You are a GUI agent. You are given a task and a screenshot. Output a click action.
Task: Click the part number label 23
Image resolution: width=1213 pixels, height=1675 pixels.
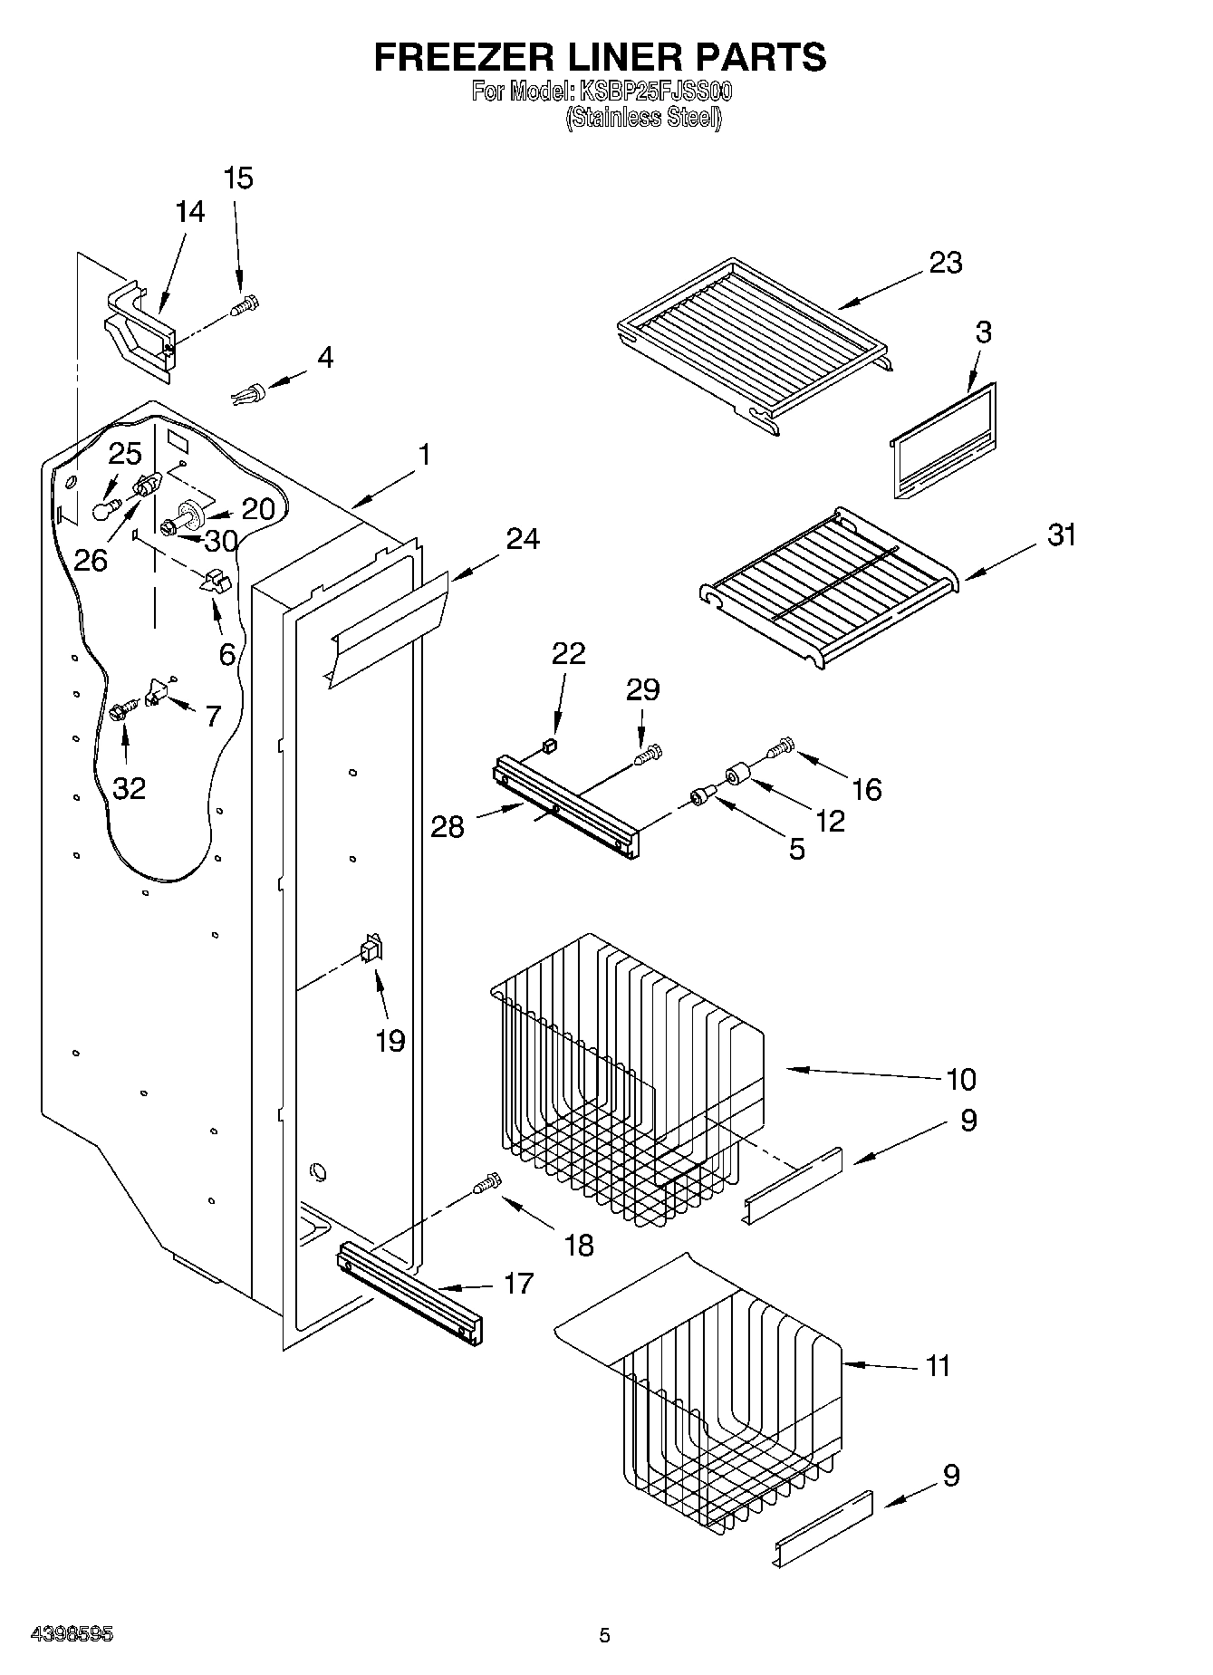tap(945, 263)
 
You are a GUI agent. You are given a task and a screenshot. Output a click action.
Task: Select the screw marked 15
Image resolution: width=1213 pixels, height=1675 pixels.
tap(245, 306)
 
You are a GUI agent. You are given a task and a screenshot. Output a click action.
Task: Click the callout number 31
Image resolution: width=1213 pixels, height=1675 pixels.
tap(1062, 534)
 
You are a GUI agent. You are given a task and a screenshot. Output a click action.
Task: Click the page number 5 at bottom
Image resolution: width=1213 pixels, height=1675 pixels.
tap(605, 1635)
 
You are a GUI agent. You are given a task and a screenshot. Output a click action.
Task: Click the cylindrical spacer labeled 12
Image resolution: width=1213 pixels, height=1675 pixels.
tap(736, 776)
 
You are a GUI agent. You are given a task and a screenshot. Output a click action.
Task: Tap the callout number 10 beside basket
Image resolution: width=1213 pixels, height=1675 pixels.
tap(960, 1079)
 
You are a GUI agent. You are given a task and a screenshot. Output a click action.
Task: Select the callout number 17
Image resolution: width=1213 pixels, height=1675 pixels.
tap(518, 1283)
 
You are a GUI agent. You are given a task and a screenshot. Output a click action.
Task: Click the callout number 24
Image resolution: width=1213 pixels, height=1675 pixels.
tap(523, 538)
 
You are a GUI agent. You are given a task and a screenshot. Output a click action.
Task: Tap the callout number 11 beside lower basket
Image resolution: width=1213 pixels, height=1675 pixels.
tap(938, 1365)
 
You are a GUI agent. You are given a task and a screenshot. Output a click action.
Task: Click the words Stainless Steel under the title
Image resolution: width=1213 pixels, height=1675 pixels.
tap(643, 118)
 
